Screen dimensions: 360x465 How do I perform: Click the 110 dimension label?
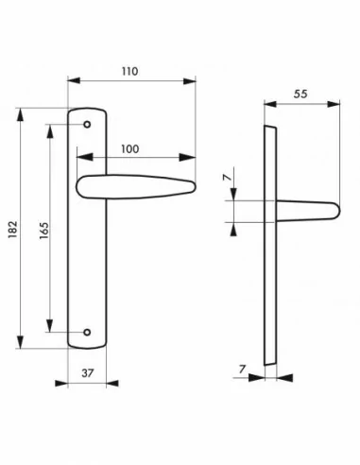[130, 71]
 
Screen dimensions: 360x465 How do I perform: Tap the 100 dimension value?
[130, 149]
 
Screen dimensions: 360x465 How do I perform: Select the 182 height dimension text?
[12, 229]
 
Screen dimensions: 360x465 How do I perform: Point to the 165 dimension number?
[44, 231]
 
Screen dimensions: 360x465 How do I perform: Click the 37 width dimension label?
[88, 373]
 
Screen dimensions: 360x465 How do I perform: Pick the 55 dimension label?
[300, 94]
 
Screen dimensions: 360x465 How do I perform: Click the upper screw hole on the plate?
[87, 125]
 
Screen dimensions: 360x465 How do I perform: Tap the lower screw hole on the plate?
[87, 332]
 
